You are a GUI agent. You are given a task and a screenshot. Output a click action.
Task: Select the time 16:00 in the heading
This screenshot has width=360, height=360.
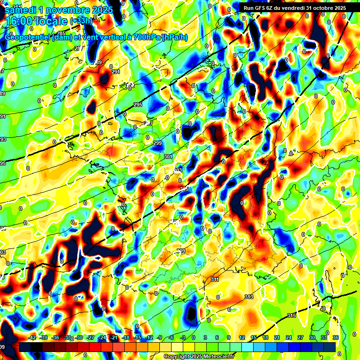[21, 21]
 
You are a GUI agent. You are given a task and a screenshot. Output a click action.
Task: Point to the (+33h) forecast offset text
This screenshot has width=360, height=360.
[81, 21]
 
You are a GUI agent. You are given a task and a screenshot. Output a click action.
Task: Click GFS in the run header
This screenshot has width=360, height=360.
[260, 7]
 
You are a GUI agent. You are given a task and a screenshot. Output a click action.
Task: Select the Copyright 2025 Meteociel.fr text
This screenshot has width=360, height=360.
[199, 356]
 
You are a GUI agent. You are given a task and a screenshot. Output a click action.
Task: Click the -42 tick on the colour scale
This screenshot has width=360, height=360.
[32, 337]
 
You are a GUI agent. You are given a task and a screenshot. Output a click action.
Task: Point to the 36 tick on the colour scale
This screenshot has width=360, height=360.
[335, 337]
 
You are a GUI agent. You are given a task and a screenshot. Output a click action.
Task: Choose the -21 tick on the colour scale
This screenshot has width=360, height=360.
[113, 337]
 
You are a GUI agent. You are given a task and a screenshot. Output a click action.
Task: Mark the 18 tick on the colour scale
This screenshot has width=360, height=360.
[265, 337]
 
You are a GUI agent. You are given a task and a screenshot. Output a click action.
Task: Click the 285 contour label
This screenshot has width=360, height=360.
[61, 33]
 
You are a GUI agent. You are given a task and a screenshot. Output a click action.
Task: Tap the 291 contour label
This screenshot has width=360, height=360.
[115, 72]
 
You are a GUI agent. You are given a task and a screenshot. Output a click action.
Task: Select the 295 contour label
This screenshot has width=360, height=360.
[137, 105]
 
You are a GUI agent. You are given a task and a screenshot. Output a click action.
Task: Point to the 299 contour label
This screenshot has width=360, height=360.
[157, 143]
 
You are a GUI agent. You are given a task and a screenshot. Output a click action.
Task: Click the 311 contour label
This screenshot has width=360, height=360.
[215, 279]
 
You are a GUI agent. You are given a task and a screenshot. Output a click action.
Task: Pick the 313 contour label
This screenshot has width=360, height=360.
[248, 297]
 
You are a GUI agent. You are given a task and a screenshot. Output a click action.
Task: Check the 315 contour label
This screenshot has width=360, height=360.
[291, 315]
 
